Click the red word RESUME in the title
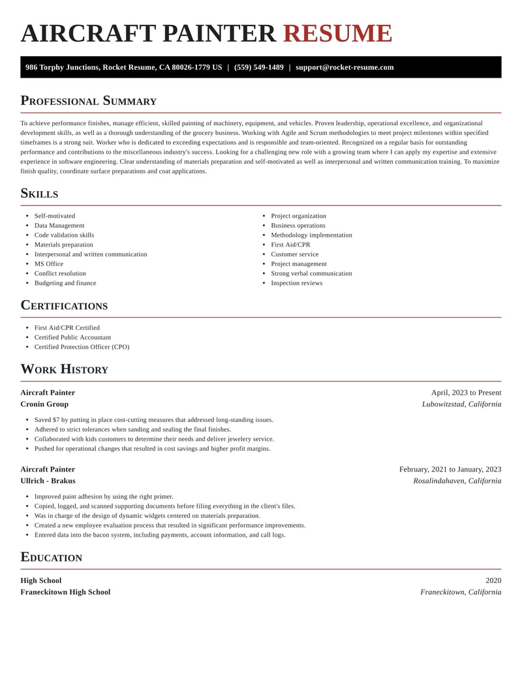[337, 34]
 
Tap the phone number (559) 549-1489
[259, 67]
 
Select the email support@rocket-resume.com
[345, 67]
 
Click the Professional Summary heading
[88, 101]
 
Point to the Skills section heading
[39, 194]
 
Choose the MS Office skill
[49, 264]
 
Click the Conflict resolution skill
[60, 274]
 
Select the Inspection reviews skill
[296, 283]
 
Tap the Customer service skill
[295, 254]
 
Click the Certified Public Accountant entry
[72, 338]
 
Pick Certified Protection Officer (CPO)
[82, 347]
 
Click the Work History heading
[64, 370]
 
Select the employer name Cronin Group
[44, 404]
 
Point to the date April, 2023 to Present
[466, 393]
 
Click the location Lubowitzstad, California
[461, 404]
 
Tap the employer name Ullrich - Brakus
[48, 481]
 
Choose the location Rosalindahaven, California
[457, 481]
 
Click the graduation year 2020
[493, 580]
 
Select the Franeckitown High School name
[65, 592]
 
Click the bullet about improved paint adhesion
[104, 497]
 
